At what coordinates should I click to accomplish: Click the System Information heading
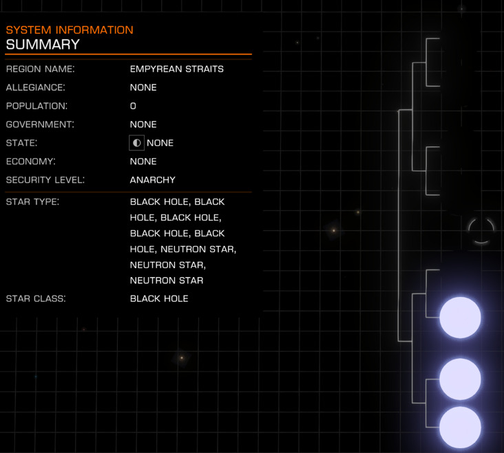pyautogui.click(x=70, y=30)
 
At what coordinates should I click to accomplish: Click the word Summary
pyautogui.click(x=43, y=45)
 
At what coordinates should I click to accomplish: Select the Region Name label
pyautogui.click(x=40, y=69)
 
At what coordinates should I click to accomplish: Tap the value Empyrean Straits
pyautogui.click(x=176, y=69)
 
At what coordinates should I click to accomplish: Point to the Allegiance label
pyautogui.click(x=35, y=88)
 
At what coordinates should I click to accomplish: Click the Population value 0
pyautogui.click(x=133, y=107)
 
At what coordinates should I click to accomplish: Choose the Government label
pyautogui.click(x=40, y=124)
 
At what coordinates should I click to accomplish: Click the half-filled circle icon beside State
pyautogui.click(x=136, y=143)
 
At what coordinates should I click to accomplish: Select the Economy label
pyautogui.click(x=30, y=162)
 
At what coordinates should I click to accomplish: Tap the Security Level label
pyautogui.click(x=45, y=180)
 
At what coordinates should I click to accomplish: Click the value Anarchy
pyautogui.click(x=153, y=180)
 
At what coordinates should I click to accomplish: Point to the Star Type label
pyautogui.click(x=32, y=202)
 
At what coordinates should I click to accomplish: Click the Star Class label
pyautogui.click(x=36, y=299)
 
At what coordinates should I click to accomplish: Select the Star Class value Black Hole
pyautogui.click(x=159, y=299)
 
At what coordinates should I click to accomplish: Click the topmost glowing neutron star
pyautogui.click(x=460, y=318)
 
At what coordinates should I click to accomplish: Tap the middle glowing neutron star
pyautogui.click(x=460, y=379)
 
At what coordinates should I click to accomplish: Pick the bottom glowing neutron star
pyautogui.click(x=460, y=427)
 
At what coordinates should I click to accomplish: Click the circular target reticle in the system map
pyautogui.click(x=481, y=230)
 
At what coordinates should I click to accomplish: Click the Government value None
pyautogui.click(x=143, y=124)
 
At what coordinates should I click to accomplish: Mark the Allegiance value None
pyautogui.click(x=143, y=88)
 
